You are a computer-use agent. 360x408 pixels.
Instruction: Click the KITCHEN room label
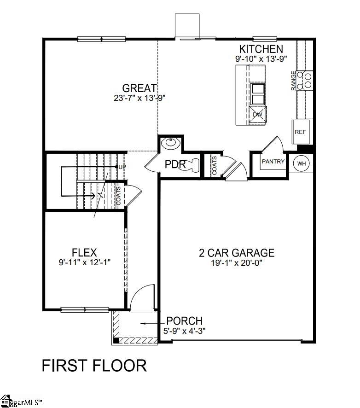pos(261,49)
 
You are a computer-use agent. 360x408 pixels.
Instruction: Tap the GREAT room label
pos(139,88)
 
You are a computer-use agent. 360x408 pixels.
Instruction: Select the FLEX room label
pos(84,252)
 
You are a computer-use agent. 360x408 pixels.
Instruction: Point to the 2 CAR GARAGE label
pos(237,252)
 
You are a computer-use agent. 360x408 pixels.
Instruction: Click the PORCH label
pos(184,321)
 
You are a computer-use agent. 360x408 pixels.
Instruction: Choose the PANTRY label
pos(273,162)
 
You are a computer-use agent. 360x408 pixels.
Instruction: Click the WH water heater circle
pos(302,163)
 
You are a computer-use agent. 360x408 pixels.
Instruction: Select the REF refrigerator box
pos(301,132)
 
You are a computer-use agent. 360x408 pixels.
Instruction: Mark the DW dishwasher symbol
pos(258,115)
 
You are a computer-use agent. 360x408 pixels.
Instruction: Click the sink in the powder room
pos(171,143)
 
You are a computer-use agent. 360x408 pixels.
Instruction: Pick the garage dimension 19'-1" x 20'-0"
pos(237,263)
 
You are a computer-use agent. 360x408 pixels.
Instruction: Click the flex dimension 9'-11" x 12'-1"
pos(84,262)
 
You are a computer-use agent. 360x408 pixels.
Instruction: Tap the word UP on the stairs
pos(122,166)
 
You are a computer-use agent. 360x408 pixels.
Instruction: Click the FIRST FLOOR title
pos(94,366)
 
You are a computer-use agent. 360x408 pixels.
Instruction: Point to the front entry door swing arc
pos(143,297)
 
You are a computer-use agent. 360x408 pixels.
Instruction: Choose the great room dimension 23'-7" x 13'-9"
pos(139,98)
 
